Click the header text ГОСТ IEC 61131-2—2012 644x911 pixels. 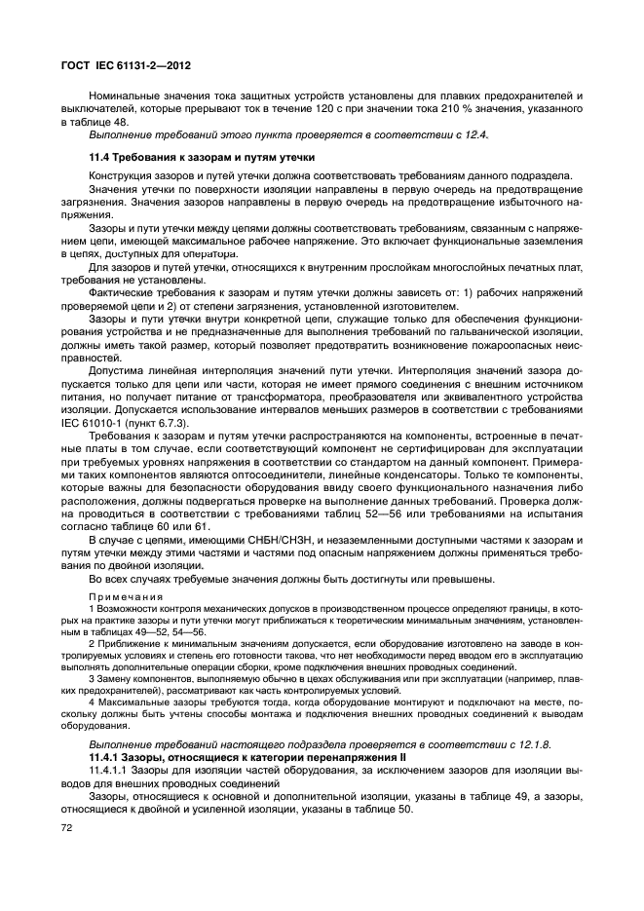[120, 66]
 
